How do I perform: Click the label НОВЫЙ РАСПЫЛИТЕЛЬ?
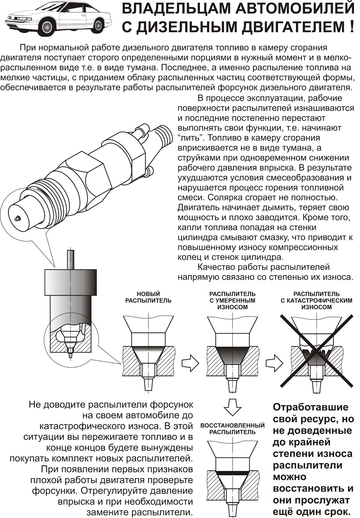click(x=148, y=297)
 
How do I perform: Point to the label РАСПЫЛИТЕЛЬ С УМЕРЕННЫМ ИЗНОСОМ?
click(x=232, y=300)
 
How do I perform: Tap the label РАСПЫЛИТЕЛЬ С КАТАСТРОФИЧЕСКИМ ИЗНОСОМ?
click(x=316, y=300)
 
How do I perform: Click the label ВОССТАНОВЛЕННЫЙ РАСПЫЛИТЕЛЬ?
click(x=232, y=429)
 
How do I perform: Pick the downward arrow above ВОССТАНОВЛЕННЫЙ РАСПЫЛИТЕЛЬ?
click(x=232, y=407)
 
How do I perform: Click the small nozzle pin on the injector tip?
click(x=18, y=219)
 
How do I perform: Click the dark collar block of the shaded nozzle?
click(x=70, y=282)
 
